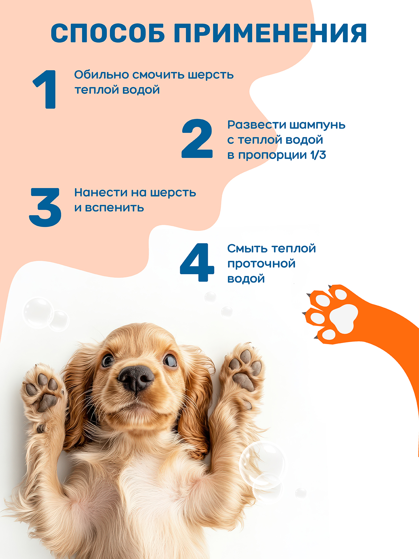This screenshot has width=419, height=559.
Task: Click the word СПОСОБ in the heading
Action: pos(108,34)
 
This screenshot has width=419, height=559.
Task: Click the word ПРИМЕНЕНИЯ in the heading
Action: pos(270,34)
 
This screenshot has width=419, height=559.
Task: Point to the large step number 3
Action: pos(45,207)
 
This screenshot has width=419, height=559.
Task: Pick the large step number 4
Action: pos(197,262)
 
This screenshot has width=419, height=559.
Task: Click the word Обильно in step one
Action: pos(101,75)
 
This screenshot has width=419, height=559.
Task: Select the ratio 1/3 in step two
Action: pos(318,155)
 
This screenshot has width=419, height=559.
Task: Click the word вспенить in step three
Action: pos(115,208)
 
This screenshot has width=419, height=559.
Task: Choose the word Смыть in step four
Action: pos(247,248)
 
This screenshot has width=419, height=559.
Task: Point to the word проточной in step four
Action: pos(261,264)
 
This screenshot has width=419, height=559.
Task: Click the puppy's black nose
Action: pos(135,378)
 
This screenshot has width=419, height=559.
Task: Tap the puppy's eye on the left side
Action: pos(108,360)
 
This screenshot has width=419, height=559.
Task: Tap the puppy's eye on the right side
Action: pos(170,360)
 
